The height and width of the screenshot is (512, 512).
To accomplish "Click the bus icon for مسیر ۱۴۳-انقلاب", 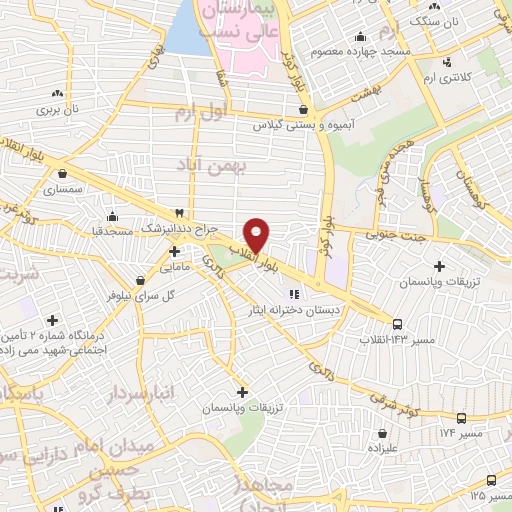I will [397, 325].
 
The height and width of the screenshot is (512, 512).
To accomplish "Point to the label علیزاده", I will [383, 450].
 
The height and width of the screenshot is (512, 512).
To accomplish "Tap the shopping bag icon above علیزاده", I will [383, 434].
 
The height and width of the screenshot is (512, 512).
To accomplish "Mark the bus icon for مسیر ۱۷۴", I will [460, 419].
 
